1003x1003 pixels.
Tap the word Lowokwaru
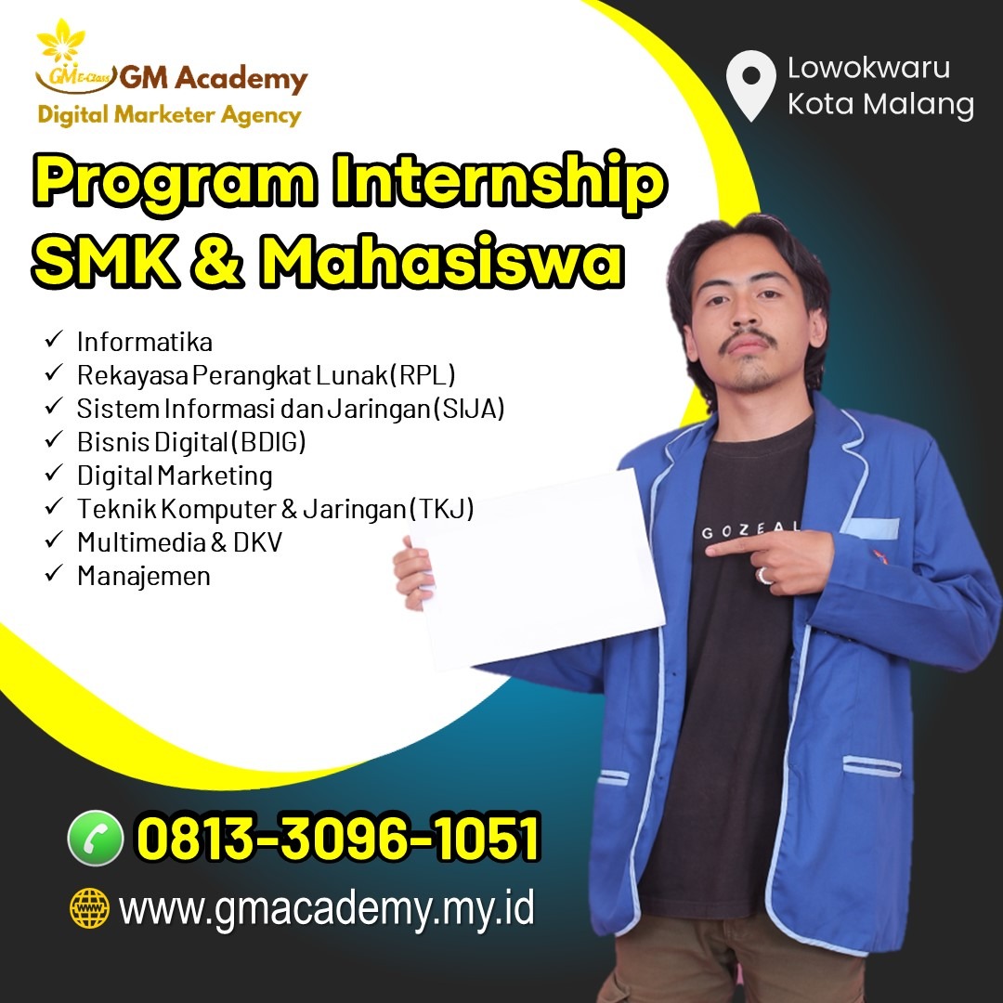click(868, 68)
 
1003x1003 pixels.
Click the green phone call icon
click(96, 838)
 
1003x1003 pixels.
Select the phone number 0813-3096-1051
click(339, 838)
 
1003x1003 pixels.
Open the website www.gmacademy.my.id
click(326, 908)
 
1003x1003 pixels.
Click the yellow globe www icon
click(89, 907)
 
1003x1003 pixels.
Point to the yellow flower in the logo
click(60, 42)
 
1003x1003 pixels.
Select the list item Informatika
click(145, 342)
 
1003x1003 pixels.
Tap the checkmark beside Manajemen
click(54, 572)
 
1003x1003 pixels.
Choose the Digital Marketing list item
click(175, 475)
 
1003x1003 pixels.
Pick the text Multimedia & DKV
click(179, 542)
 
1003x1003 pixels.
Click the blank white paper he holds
click(538, 569)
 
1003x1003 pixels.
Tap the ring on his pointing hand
click(763, 575)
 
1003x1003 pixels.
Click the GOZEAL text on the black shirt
click(750, 530)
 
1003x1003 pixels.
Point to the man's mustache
click(748, 340)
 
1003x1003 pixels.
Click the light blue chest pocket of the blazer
click(871, 528)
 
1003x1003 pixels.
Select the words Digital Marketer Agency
click(170, 115)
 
